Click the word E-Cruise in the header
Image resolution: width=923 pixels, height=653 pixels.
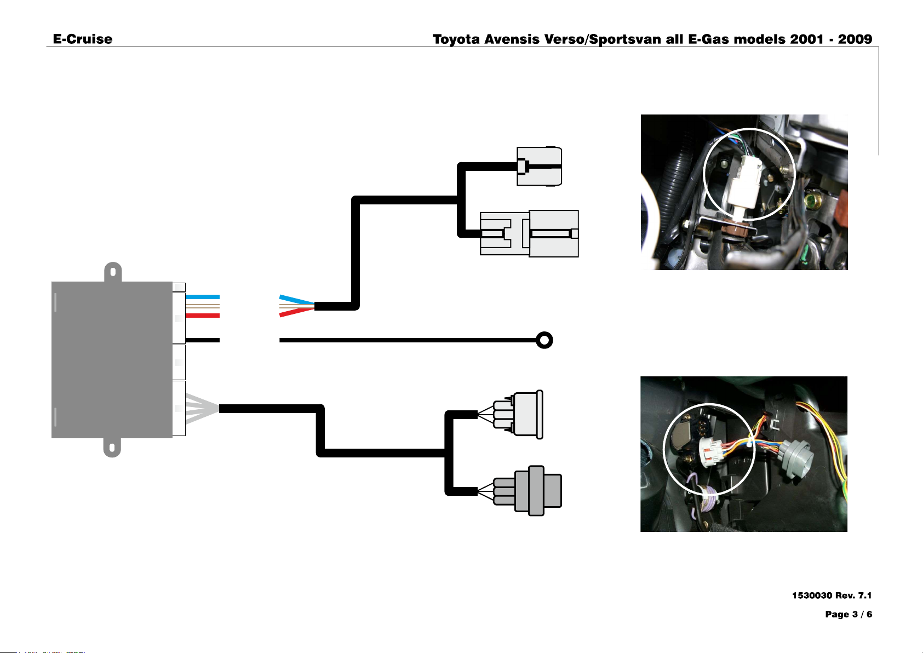click(x=82, y=39)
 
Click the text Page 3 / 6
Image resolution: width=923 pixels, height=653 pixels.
click(x=849, y=614)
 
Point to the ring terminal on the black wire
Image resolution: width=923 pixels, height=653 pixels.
click(x=544, y=340)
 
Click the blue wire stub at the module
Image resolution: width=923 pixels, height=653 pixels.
click(x=202, y=296)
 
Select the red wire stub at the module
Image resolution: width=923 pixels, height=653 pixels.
click(x=202, y=316)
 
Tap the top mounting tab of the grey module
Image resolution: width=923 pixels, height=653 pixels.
click(x=113, y=272)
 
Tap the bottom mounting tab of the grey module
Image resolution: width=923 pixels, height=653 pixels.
click(x=112, y=448)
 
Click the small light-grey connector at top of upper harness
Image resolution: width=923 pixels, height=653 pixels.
click(x=540, y=167)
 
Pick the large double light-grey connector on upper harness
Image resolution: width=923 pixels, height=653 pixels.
click(x=530, y=233)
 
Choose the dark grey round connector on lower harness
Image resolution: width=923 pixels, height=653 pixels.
click(x=528, y=491)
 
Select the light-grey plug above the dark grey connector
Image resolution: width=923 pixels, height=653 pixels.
click(x=518, y=415)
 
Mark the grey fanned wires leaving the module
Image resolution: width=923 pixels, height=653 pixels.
click(x=202, y=409)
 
